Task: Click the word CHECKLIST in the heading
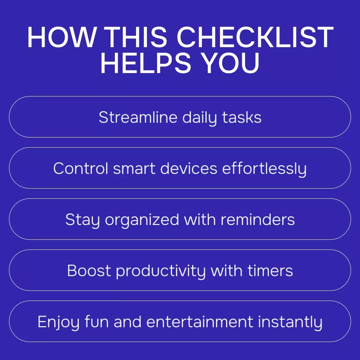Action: (255, 37)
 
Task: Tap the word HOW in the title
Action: (62, 37)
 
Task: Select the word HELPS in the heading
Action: (146, 63)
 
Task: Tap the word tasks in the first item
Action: (242, 117)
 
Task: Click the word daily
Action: (199, 118)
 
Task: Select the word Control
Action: (81, 168)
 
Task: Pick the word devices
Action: (189, 168)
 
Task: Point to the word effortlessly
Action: (265, 169)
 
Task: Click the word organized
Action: (142, 220)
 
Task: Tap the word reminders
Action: (258, 220)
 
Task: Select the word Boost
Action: (89, 270)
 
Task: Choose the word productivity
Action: (161, 271)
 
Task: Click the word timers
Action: (270, 270)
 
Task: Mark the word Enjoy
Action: (59, 322)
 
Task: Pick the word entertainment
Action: (200, 321)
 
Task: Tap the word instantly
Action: (290, 322)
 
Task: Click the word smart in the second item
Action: (134, 169)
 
